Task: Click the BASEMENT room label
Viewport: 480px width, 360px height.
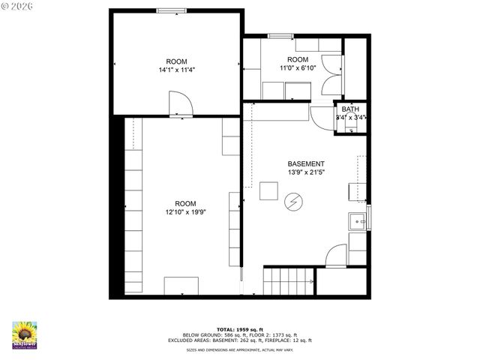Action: (306, 163)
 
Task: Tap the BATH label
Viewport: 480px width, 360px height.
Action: (350, 109)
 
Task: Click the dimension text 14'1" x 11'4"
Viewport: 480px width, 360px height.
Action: (177, 70)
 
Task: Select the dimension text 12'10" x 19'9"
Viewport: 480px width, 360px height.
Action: (185, 212)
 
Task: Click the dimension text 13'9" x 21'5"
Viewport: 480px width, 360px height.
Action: (306, 172)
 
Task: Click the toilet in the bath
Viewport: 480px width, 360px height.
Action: (350, 126)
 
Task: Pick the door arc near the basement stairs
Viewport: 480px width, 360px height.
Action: (337, 256)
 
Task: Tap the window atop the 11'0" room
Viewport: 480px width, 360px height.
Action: (281, 35)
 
